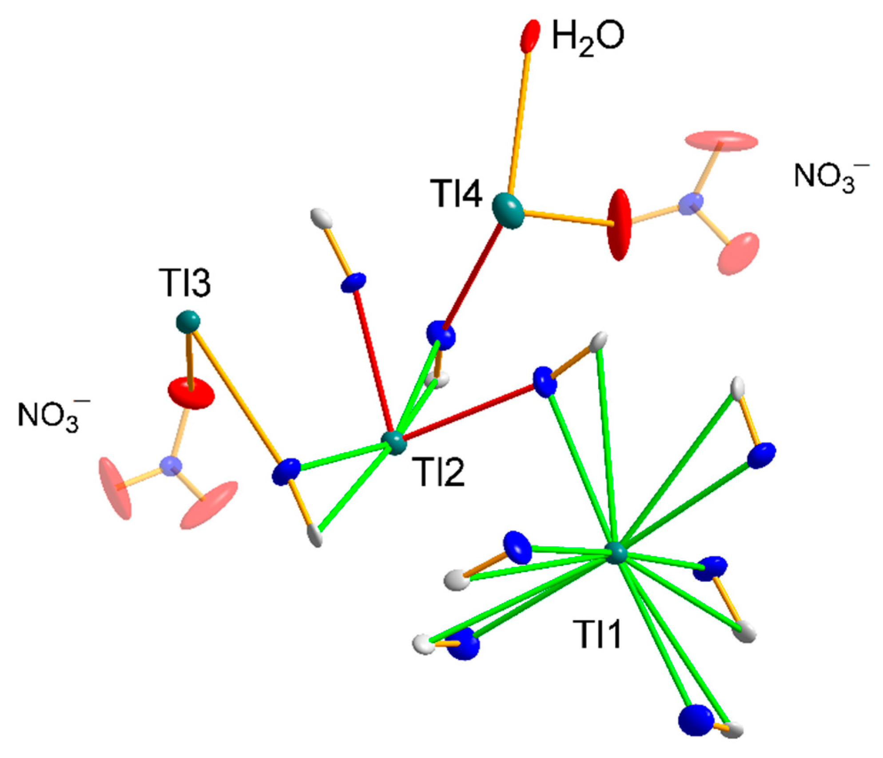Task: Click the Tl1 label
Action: tap(597, 635)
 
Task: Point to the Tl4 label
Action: tap(456, 194)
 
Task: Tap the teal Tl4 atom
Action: tap(508, 210)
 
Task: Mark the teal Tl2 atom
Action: tap(394, 442)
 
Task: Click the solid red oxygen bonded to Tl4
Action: tap(619, 225)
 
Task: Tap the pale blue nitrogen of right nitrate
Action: tap(691, 204)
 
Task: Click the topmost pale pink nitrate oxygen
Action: tap(721, 141)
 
